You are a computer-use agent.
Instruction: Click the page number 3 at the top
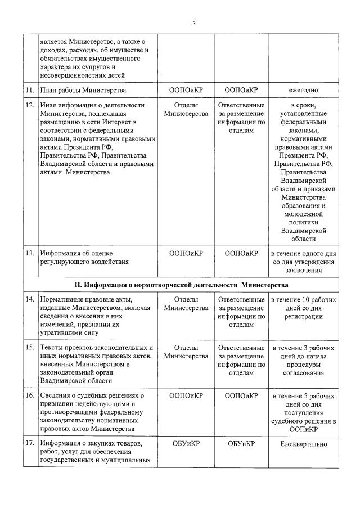pos(194,23)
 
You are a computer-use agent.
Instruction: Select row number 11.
pos(30,90)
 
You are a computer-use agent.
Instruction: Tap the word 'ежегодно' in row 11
pos(304,90)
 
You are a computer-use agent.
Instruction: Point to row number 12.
pos(30,105)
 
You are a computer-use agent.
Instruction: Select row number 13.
pos(30,254)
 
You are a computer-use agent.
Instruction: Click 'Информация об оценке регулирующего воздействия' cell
pos(84,258)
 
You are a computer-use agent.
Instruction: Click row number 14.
pos(30,300)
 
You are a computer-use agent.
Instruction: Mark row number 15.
pos(30,348)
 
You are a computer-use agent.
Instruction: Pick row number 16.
pos(30,395)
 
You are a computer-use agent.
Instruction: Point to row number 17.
pos(30,444)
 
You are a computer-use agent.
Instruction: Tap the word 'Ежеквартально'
pos(304,444)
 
